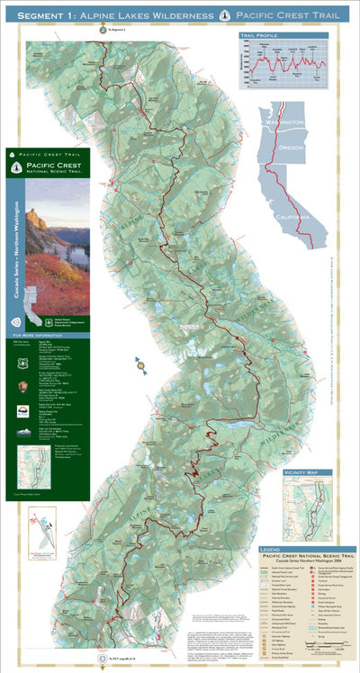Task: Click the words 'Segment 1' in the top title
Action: pyautogui.click(x=45, y=16)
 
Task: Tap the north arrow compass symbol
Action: pyautogui.click(x=140, y=363)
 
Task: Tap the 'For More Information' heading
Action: pyautogui.click(x=51, y=334)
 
